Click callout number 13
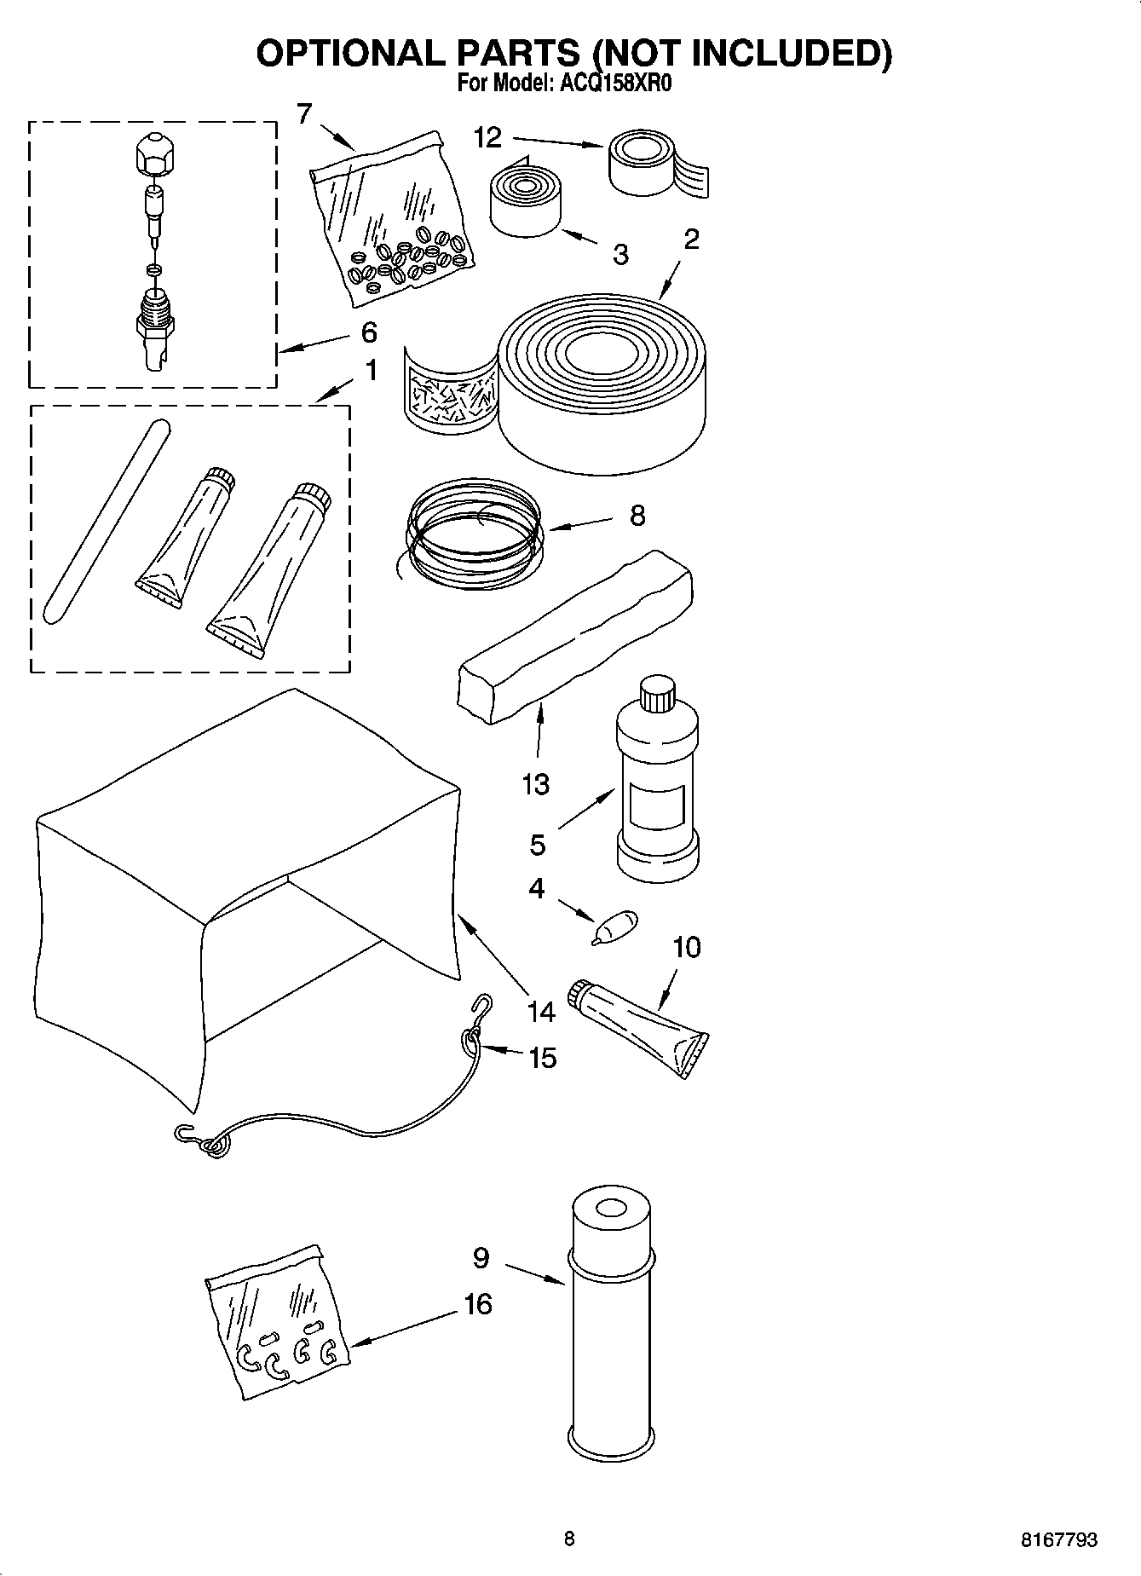[x=535, y=783]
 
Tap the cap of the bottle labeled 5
[x=657, y=693]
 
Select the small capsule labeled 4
[x=617, y=927]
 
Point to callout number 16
[x=478, y=1304]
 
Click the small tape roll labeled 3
[x=524, y=202]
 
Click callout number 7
[x=304, y=113]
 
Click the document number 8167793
[x=1059, y=1539]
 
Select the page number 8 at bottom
[x=569, y=1538]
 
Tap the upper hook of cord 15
[x=484, y=1005]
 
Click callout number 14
[x=540, y=1012]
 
